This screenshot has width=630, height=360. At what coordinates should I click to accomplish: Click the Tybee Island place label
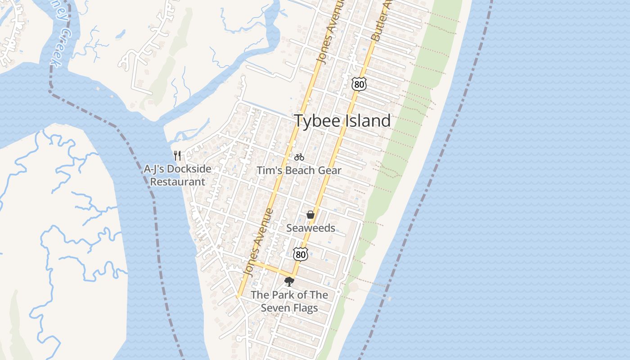pos(342,121)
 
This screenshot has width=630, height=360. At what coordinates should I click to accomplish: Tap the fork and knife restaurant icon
pos(177,156)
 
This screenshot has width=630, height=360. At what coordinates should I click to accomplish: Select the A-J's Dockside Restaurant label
pos(177,175)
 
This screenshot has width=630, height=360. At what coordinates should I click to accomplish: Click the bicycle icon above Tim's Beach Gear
pos(299,157)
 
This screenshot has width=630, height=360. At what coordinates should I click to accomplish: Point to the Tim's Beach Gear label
pos(299,171)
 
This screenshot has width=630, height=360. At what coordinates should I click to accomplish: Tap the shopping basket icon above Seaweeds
pos(310,215)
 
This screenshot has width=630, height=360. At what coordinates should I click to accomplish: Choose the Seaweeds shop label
pos(310,228)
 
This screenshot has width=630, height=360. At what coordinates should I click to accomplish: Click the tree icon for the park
pos(289,282)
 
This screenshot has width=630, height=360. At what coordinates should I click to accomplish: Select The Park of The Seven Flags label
pos(289,301)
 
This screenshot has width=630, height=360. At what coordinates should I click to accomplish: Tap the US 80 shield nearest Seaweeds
pos(301,254)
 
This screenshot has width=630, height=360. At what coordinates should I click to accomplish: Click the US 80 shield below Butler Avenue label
pos(359,84)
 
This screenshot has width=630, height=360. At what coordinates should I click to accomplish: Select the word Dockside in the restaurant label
pos(189,169)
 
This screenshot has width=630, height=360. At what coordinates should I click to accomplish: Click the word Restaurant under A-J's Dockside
pos(177,182)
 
